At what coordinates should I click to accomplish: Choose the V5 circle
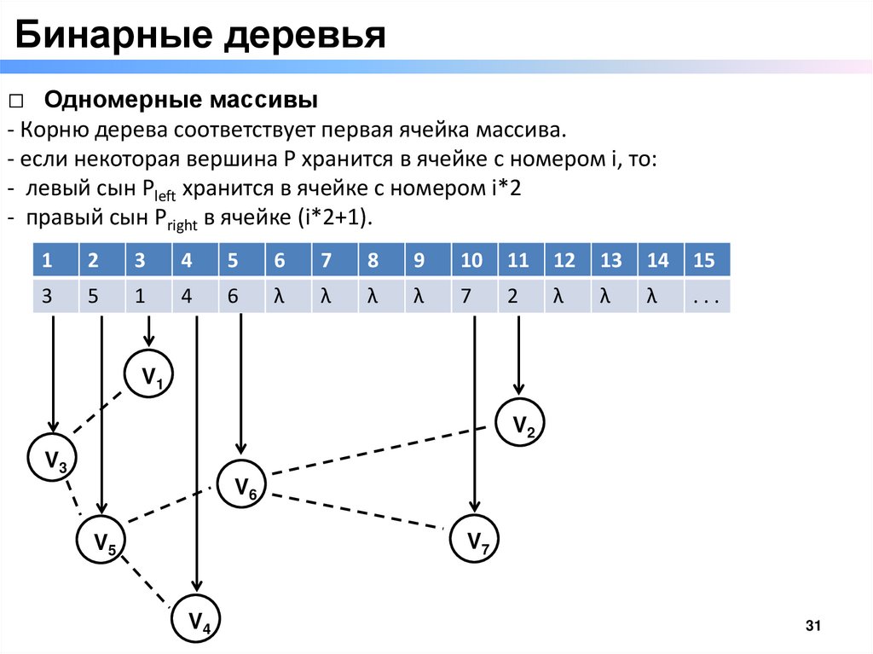coord(103,541)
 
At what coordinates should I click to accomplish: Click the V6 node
coord(244,485)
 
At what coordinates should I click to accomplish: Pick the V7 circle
coord(475,541)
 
